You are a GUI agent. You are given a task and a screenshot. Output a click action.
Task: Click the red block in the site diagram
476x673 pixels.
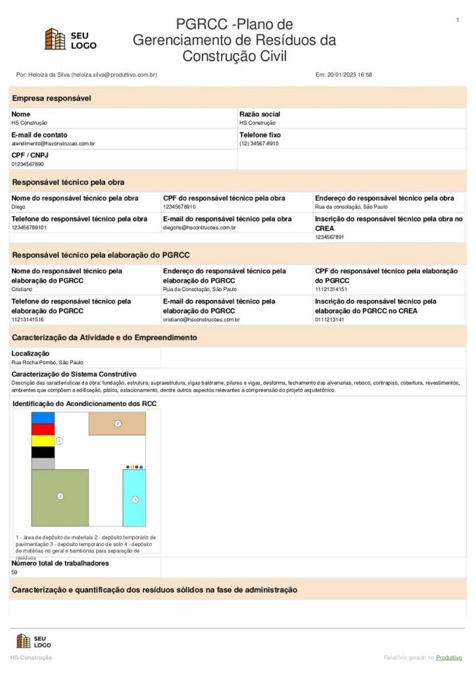(43, 429)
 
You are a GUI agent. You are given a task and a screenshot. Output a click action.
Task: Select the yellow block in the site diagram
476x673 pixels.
(43, 440)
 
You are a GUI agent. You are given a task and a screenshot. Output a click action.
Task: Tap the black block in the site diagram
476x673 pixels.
(43, 452)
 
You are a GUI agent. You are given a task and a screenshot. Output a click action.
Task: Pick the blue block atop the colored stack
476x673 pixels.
(43, 417)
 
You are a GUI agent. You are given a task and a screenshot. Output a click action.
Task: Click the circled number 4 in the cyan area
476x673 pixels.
(135, 499)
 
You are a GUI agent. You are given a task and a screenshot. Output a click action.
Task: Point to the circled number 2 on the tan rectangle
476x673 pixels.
(118, 423)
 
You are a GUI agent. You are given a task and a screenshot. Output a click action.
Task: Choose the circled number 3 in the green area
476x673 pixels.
(60, 496)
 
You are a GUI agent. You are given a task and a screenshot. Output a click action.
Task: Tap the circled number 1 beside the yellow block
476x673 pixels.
(59, 440)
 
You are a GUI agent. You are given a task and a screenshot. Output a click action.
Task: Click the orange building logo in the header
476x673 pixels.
(55, 39)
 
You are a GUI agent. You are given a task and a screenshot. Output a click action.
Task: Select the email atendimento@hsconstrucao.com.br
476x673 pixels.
(53, 143)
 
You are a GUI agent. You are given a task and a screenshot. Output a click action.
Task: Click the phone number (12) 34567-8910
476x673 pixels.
(259, 143)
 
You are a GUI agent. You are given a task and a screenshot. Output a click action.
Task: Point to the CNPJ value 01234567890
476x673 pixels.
(28, 164)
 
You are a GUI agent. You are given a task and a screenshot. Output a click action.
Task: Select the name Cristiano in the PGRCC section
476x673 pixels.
(22, 289)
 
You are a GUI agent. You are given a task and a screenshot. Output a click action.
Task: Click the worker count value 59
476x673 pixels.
(14, 572)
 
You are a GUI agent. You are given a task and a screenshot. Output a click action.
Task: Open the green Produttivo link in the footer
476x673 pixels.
(449, 657)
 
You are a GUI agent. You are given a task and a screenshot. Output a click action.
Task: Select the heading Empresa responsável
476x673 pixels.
(51, 99)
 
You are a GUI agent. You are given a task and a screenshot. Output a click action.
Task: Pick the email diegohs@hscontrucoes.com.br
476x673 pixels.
(199, 227)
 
